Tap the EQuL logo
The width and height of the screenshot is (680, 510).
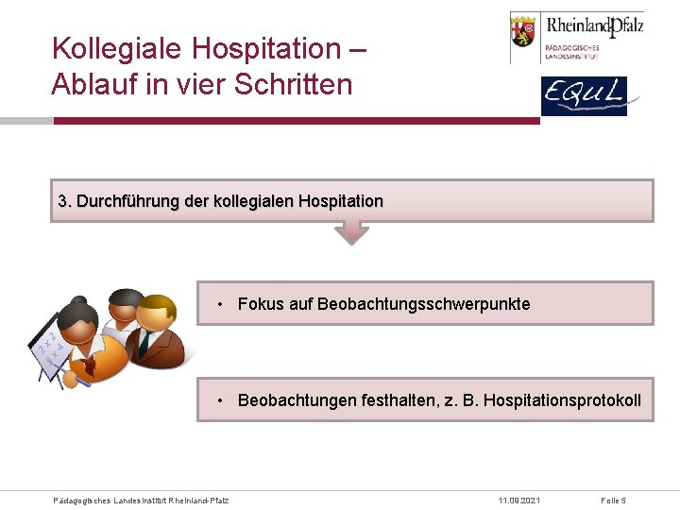(583, 96)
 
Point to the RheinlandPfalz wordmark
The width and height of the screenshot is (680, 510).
(595, 25)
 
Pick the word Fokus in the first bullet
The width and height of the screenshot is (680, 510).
(260, 304)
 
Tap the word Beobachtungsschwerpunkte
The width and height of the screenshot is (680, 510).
(424, 304)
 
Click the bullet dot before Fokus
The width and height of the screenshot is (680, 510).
(219, 304)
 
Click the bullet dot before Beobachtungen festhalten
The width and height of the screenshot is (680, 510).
(219, 400)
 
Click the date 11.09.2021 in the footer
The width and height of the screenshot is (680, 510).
(519, 500)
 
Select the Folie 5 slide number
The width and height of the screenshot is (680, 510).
(614, 500)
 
